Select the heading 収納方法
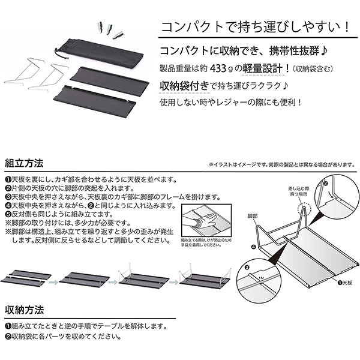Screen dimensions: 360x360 (x=23, y=310)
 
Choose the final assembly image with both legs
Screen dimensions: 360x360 (x=205, y=278)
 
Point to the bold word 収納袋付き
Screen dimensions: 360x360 (x=184, y=85)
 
